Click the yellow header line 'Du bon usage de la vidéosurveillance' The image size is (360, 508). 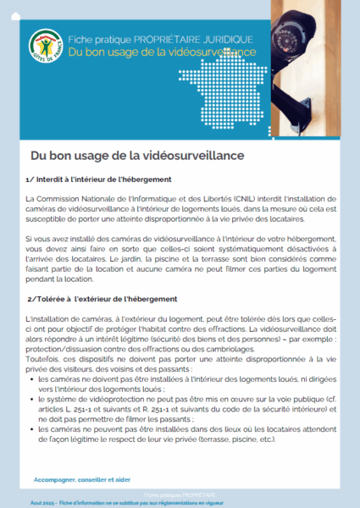click(x=163, y=52)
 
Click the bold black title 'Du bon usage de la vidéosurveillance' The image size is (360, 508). click(x=136, y=156)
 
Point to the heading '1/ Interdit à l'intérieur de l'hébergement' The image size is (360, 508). click(x=99, y=179)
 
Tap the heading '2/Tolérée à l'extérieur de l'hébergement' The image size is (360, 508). click(x=102, y=299)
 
